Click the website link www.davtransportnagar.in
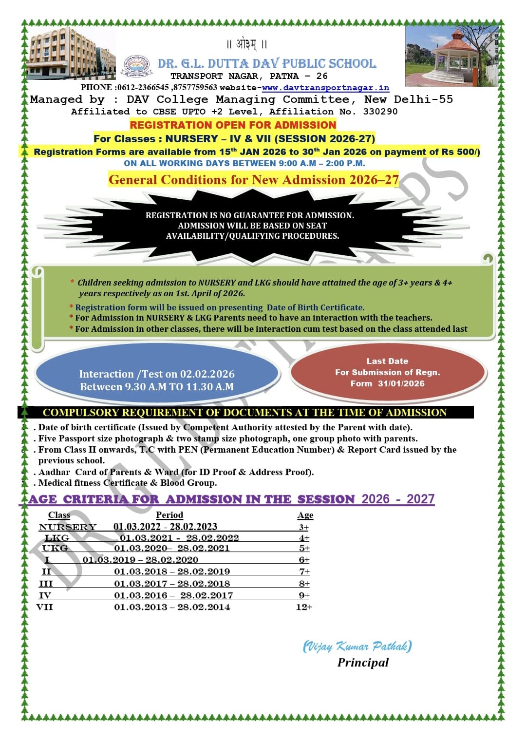tap(325, 88)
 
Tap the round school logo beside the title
tap(137, 66)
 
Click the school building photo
tap(71, 53)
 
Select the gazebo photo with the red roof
tap(451, 56)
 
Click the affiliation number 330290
tap(380, 112)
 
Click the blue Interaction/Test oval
tap(157, 374)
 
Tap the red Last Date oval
tap(388, 372)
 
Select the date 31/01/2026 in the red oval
tap(401, 383)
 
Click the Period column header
tap(169, 515)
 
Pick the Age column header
tap(305, 515)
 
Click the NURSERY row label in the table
tap(68, 527)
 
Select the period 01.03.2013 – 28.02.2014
tap(172, 607)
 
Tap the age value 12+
tap(304, 607)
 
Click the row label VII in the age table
tap(45, 607)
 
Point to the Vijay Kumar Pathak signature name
tap(357, 647)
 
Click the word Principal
tap(363, 663)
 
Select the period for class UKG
tap(172, 548)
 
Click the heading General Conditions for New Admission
tap(254, 180)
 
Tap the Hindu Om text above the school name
tap(247, 44)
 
